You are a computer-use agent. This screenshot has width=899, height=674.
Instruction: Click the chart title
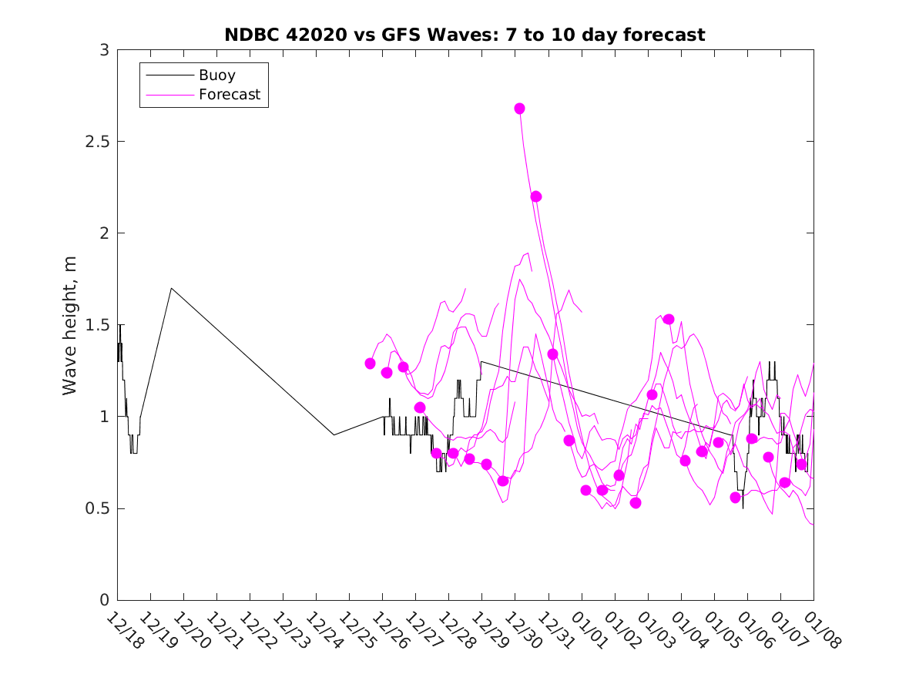point(465,35)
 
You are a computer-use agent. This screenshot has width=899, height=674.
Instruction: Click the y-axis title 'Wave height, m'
point(70,325)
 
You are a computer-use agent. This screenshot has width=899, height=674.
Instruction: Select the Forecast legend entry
point(230,96)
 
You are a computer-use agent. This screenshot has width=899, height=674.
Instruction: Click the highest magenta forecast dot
point(519,109)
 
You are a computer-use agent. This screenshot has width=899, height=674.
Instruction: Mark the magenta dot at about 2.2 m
point(536,196)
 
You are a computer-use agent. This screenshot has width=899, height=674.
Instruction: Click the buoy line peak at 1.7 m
point(171,289)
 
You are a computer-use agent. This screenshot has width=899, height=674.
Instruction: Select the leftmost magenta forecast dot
point(371,364)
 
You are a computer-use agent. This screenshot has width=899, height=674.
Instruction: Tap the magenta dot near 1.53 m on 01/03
point(669,320)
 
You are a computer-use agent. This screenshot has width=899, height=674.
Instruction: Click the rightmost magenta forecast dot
point(801,464)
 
